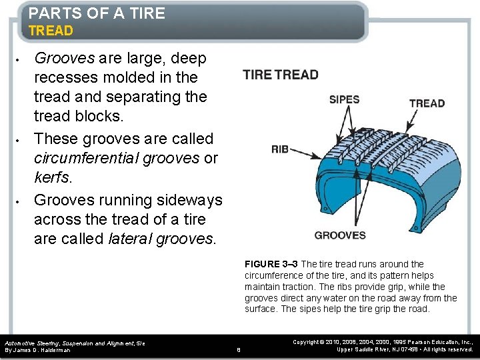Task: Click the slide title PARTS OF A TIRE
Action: coord(97,13)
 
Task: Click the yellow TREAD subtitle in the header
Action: coord(51,31)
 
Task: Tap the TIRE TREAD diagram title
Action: coord(281,74)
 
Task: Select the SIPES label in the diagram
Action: coord(344,99)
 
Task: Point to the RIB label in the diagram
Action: coord(280,149)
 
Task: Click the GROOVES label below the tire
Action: coord(340,235)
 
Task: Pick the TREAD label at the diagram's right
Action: coord(427,103)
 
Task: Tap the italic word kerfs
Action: coord(51,177)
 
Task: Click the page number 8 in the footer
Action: coord(239,349)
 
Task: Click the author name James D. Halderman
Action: coord(46,349)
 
